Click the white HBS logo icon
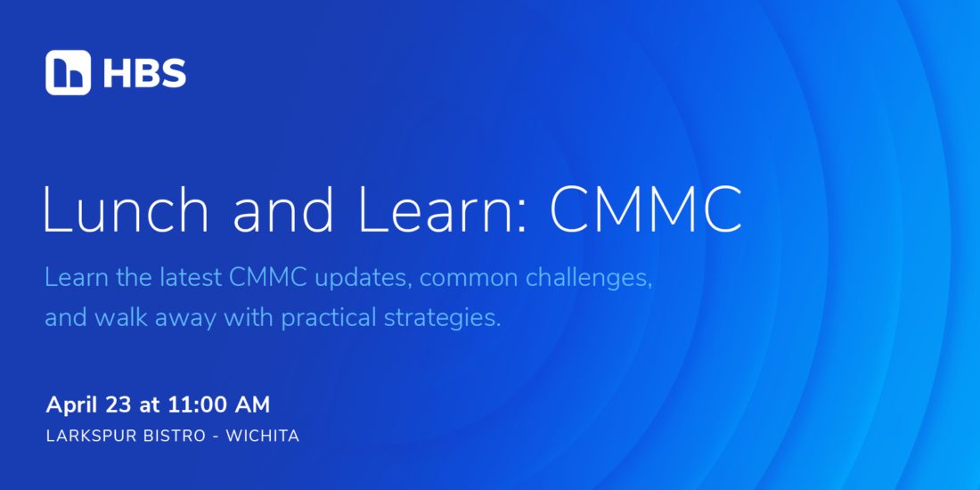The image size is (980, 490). [68, 72]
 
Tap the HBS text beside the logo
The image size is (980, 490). [144, 73]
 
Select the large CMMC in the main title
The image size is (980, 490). [646, 208]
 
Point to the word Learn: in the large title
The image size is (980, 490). [444, 208]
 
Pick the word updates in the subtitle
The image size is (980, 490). [363, 279]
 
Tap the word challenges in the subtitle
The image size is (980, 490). [586, 279]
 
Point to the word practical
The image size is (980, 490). [329, 319]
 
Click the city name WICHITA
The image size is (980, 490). [263, 437]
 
